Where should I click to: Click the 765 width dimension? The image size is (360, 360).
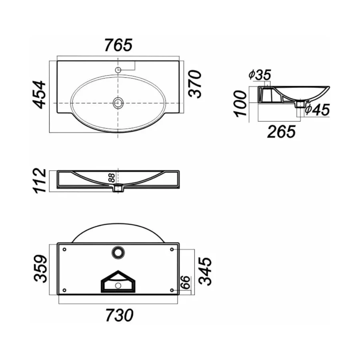(118, 45)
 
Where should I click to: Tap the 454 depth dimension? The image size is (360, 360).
(38, 94)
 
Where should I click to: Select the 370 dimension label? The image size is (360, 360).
(195, 84)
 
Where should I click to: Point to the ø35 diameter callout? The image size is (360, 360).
(260, 75)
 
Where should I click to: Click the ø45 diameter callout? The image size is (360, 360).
(317, 110)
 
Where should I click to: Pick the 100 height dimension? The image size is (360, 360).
(240, 104)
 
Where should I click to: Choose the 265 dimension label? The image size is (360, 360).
(282, 132)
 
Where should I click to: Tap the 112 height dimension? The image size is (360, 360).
(40, 181)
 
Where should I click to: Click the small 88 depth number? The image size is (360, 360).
(112, 178)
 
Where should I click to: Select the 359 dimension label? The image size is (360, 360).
(40, 268)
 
